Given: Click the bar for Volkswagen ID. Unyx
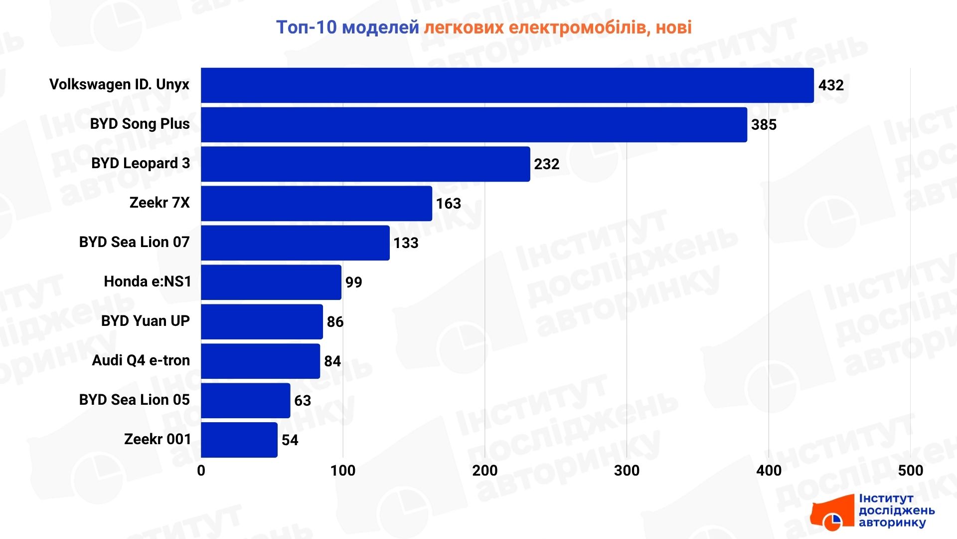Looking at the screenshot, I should [x=507, y=85].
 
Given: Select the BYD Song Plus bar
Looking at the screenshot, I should [x=474, y=125].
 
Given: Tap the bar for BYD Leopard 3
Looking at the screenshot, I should [x=365, y=164].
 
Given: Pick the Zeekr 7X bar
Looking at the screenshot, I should [x=317, y=204].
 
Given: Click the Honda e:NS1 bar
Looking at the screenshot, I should [x=271, y=282].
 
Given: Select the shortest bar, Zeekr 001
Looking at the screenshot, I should [x=239, y=440].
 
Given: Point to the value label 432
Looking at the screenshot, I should [x=831, y=85].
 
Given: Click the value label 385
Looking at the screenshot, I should [x=764, y=125].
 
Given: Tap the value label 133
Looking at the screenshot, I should [x=406, y=243].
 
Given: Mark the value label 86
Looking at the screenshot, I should [x=335, y=322].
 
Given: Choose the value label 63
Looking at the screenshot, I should [x=303, y=401].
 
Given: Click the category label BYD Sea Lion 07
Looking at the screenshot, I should [x=134, y=243].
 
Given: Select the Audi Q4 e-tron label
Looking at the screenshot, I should [x=141, y=360].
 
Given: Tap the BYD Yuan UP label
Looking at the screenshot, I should [x=145, y=321].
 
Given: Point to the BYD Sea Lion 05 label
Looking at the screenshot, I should [x=134, y=400].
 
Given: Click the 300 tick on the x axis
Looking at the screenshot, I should [x=627, y=471].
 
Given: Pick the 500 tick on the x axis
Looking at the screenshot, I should [x=910, y=471].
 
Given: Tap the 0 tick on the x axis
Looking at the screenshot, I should [x=201, y=471].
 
